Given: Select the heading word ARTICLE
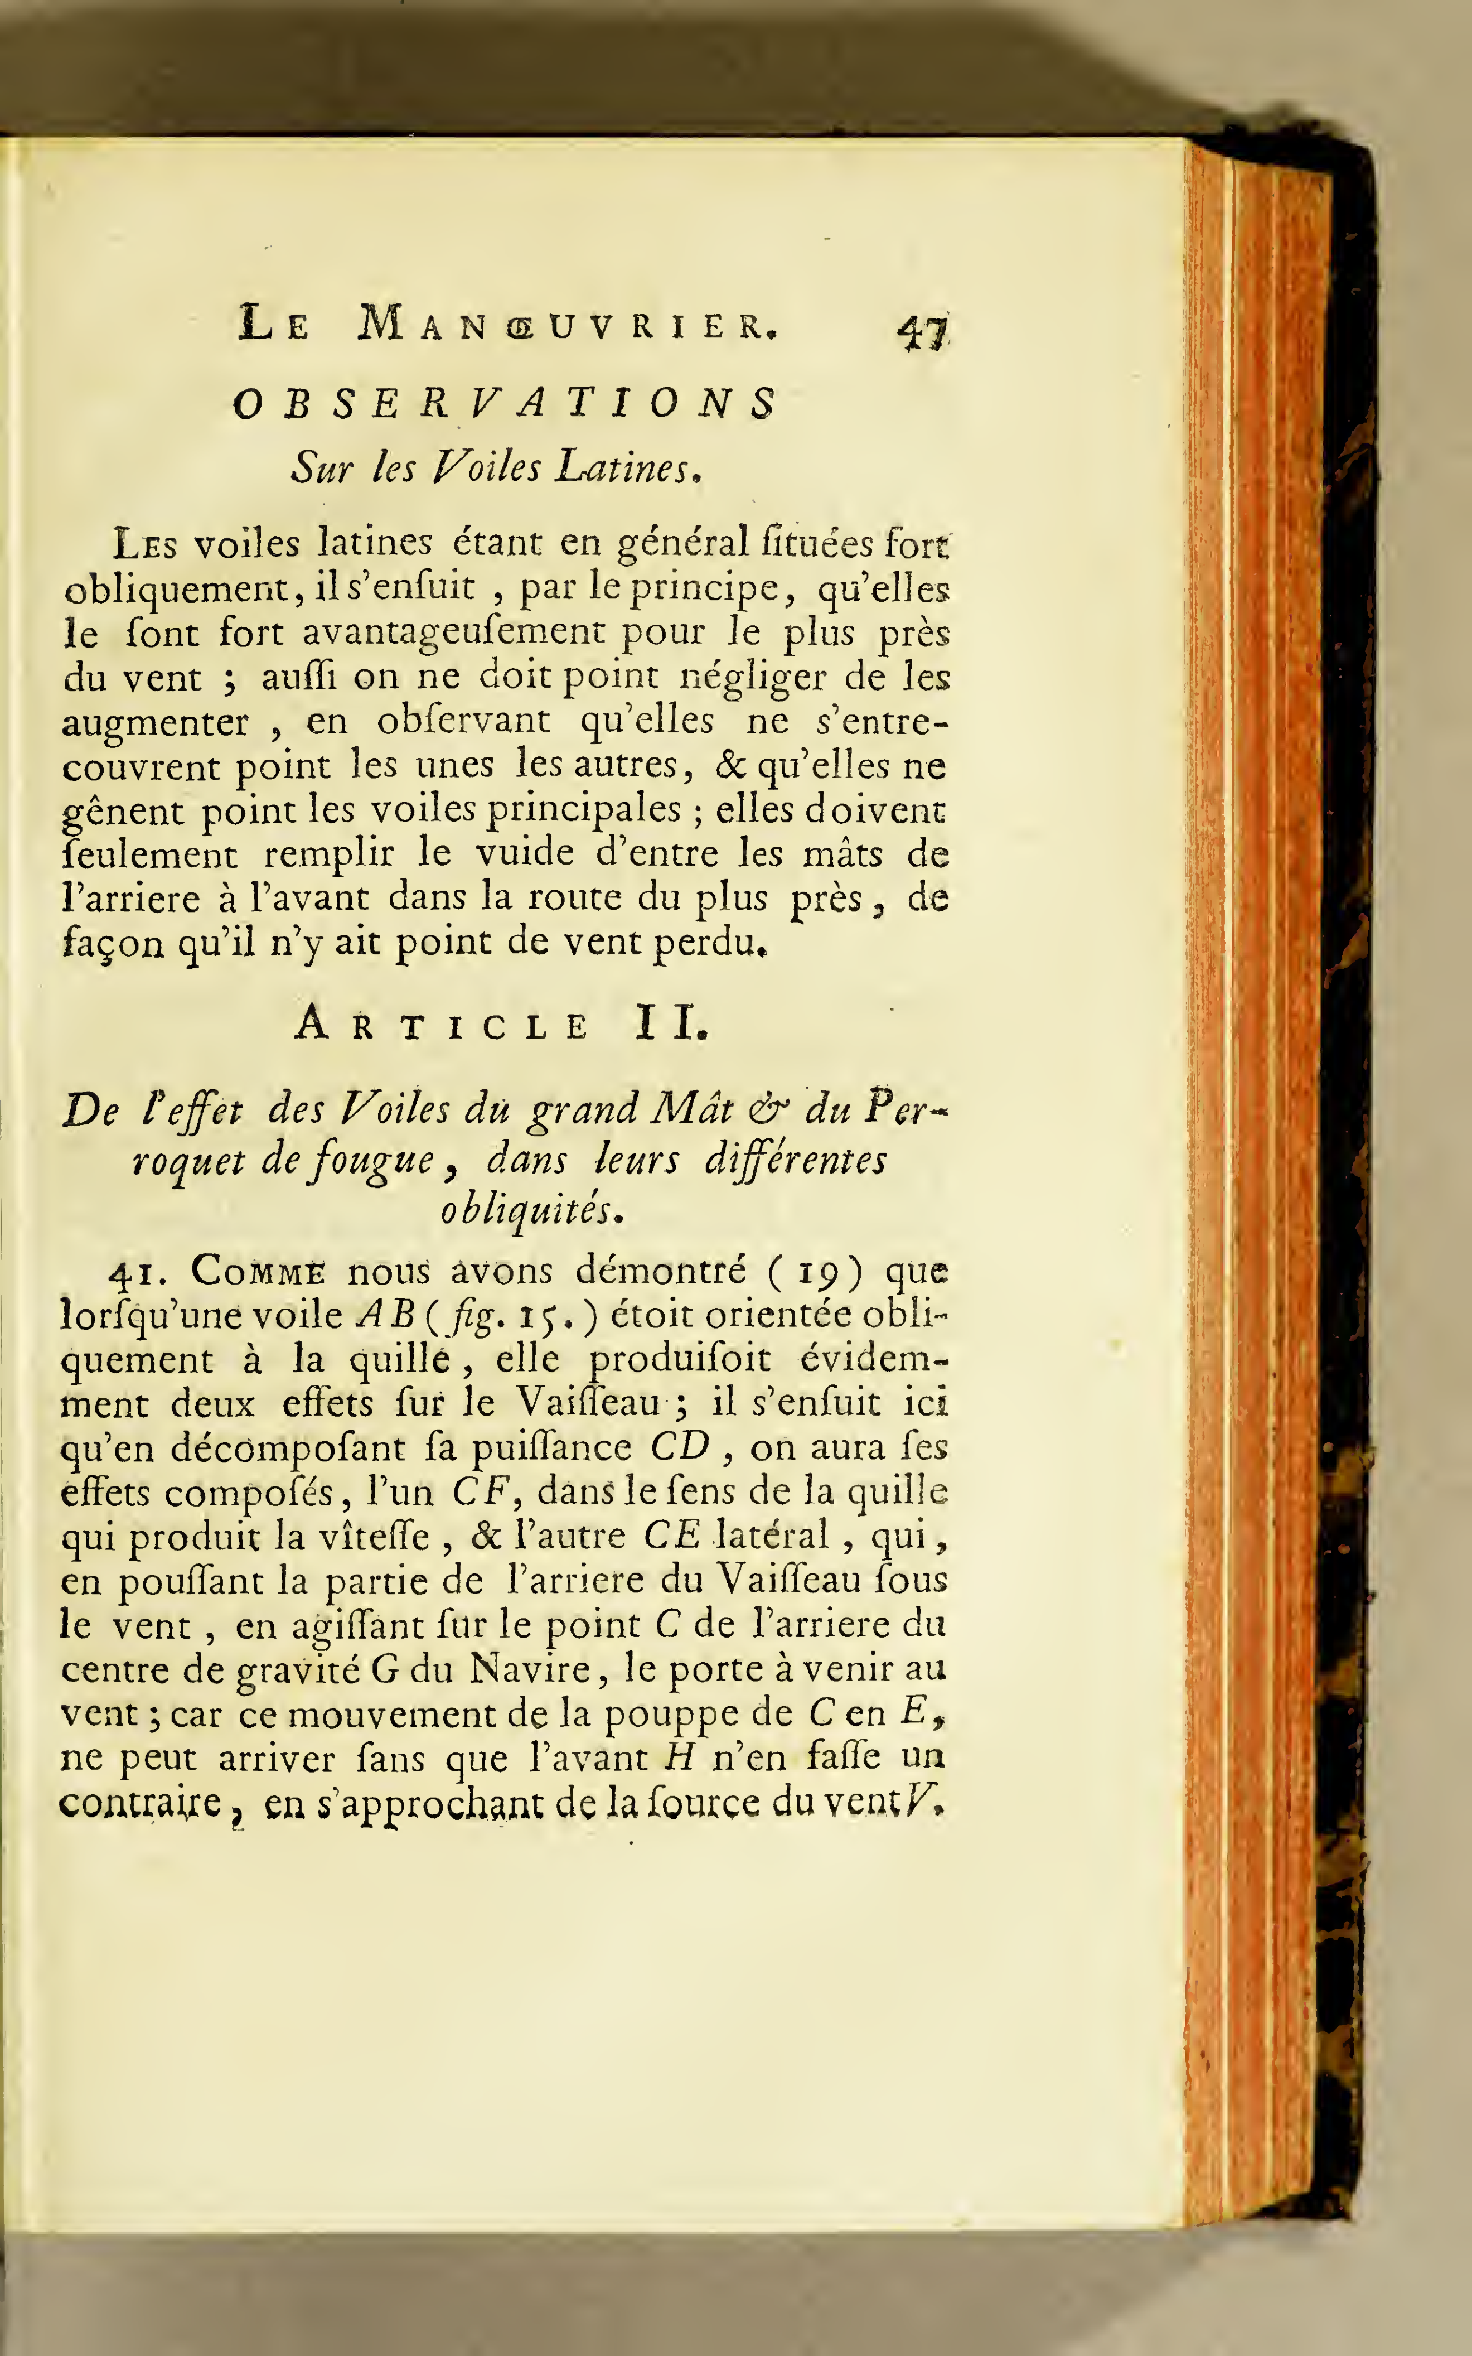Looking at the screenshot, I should coord(442,1025).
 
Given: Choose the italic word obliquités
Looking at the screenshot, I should coord(531,1210).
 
